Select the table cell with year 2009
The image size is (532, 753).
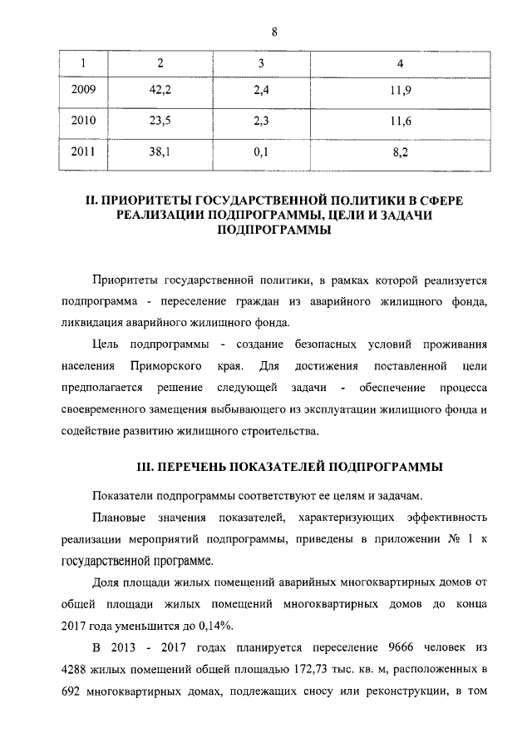tap(84, 91)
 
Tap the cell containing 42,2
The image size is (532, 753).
tap(160, 91)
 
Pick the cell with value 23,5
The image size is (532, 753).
tap(160, 121)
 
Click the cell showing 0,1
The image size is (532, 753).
tap(260, 152)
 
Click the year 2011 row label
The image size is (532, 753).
tap(84, 152)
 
